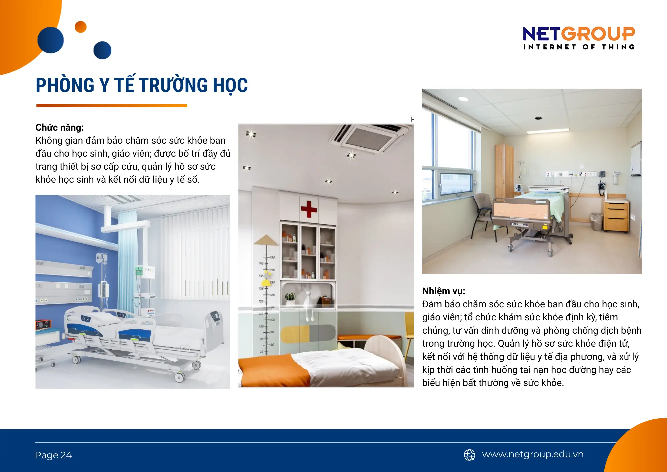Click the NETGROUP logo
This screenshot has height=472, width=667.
tap(579, 34)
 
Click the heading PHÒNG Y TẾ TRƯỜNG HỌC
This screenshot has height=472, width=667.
tap(142, 85)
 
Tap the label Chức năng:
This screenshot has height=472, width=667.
tap(60, 127)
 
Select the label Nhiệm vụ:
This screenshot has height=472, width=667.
tap(443, 291)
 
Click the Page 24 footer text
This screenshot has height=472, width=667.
tap(53, 455)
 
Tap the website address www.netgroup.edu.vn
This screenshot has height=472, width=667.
tap(533, 454)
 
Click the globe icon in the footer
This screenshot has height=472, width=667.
tap(469, 455)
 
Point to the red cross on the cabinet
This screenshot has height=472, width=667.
tap(309, 209)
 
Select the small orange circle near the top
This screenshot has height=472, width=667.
tap(81, 27)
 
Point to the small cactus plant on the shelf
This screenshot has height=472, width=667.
tap(290, 297)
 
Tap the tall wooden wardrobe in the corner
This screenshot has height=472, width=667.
tap(504, 170)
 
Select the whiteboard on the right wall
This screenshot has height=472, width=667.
tap(636, 159)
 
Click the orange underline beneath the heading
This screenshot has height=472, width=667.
tap(112, 106)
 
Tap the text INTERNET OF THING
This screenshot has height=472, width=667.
tap(579, 47)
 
